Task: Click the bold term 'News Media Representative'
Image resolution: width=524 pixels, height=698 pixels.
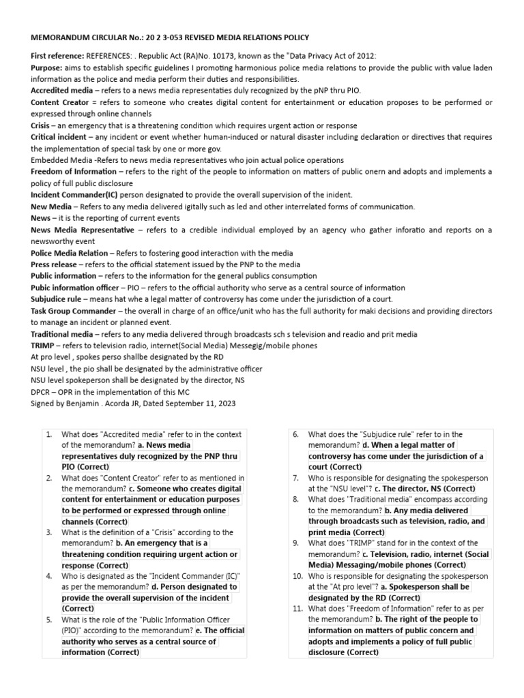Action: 82,230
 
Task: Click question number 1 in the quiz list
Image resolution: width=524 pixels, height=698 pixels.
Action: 49,434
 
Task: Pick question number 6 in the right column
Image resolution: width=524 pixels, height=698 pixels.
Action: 296,434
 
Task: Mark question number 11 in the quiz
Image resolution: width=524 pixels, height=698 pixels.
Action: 298,608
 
